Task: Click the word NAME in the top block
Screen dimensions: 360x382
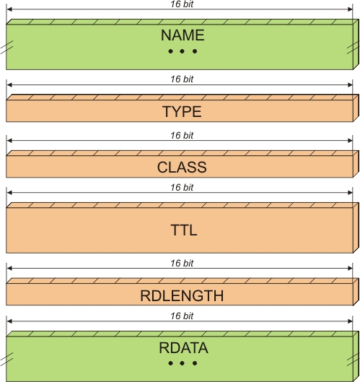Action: pyautogui.click(x=183, y=35)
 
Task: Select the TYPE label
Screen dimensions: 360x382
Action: pyautogui.click(x=182, y=112)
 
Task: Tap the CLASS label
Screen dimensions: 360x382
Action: pyautogui.click(x=182, y=168)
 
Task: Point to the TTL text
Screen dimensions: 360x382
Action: pyautogui.click(x=184, y=230)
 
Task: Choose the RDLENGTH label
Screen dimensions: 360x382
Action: pyautogui.click(x=182, y=296)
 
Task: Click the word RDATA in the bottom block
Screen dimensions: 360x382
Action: pyautogui.click(x=183, y=347)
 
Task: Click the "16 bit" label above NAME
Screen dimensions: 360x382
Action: pyautogui.click(x=182, y=4)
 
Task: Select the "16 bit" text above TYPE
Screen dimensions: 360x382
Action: pyautogui.click(x=182, y=79)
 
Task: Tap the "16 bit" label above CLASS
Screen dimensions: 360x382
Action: pyautogui.click(x=182, y=136)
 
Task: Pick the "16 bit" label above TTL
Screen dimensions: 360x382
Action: pyautogui.click(x=182, y=187)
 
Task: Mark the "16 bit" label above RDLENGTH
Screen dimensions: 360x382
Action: pyautogui.click(x=182, y=263)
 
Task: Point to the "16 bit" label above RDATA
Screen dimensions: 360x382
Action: pyautogui.click(x=182, y=316)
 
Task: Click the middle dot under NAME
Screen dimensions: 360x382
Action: pyautogui.click(x=182, y=51)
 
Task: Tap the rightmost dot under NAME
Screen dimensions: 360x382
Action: pyautogui.click(x=195, y=51)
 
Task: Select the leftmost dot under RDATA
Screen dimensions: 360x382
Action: pyautogui.click(x=171, y=363)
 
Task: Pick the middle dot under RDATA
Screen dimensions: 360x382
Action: pyautogui.click(x=182, y=363)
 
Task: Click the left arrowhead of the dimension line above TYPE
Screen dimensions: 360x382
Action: pyautogui.click(x=9, y=84)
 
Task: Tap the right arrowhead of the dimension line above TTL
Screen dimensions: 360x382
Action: pyautogui.click(x=350, y=193)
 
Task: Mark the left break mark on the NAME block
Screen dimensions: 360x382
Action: pyautogui.click(x=6, y=47)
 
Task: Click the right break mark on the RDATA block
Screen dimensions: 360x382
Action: pyautogui.click(x=353, y=359)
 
